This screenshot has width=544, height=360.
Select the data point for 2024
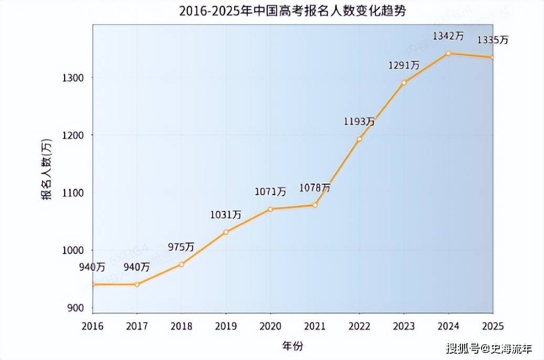(448, 53)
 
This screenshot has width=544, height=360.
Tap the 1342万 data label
(448, 36)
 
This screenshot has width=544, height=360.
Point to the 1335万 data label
(492, 40)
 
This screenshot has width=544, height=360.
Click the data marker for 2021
(315, 205)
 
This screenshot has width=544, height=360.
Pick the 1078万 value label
(315, 187)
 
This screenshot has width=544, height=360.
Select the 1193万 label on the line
(359, 122)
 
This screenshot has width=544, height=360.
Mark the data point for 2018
(181, 264)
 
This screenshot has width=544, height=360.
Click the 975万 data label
(181, 247)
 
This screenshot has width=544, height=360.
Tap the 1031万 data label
(226, 215)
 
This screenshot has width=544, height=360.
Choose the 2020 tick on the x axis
(270, 326)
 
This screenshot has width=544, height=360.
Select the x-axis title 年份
(292, 346)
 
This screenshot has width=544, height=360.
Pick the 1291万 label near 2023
(404, 66)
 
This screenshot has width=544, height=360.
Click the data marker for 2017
(137, 284)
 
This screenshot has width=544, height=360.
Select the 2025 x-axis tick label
(492, 326)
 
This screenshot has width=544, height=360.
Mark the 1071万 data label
(270, 192)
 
